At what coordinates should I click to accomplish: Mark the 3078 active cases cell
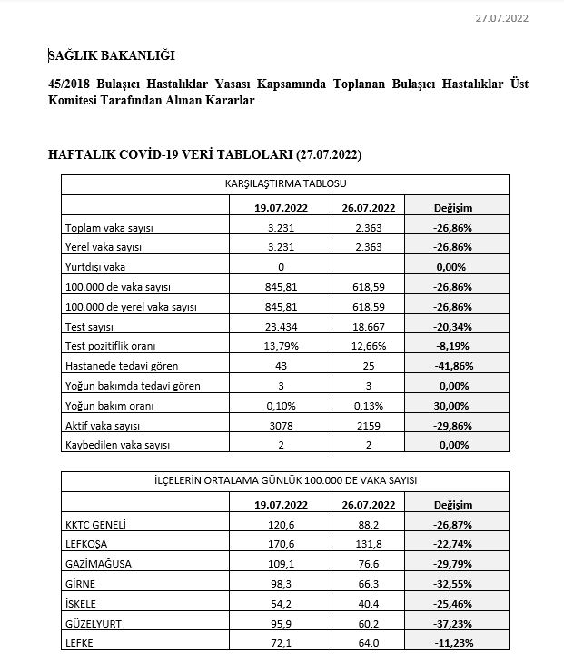[282, 425]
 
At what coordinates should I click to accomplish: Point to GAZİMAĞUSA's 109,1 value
[282, 563]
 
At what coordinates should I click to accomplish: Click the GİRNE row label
[81, 583]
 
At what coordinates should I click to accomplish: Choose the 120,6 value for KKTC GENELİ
[282, 524]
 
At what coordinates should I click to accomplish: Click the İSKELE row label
[82, 603]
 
